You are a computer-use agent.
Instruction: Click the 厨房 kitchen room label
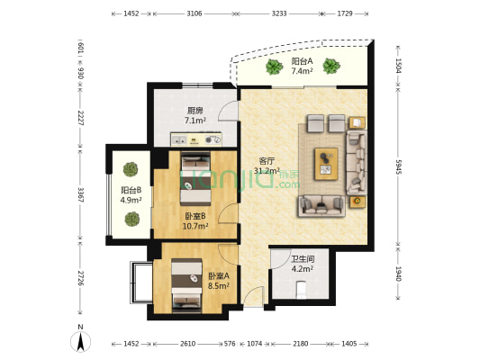[195, 110]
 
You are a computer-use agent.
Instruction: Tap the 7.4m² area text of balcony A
[302, 71]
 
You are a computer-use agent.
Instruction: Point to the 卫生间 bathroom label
[303, 259]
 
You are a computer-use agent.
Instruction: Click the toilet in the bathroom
[302, 290]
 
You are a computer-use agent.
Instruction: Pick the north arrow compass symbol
[80, 339]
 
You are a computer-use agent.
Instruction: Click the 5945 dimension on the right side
[398, 166]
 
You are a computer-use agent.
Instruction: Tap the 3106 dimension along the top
[195, 13]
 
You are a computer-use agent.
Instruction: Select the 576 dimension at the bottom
[230, 344]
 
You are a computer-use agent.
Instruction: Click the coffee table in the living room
[326, 164]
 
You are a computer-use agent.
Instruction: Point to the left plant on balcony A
[274, 67]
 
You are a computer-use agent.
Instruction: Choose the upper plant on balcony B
[131, 169]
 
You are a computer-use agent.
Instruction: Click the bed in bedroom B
[195, 179]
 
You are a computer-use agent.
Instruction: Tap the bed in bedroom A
[186, 285]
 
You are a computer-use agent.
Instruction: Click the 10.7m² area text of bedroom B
[195, 226]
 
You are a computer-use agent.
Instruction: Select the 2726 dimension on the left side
[80, 278]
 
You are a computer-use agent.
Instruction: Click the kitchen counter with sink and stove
[196, 139]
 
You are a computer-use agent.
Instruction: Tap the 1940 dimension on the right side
[398, 274]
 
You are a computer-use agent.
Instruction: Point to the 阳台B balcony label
[131, 190]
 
